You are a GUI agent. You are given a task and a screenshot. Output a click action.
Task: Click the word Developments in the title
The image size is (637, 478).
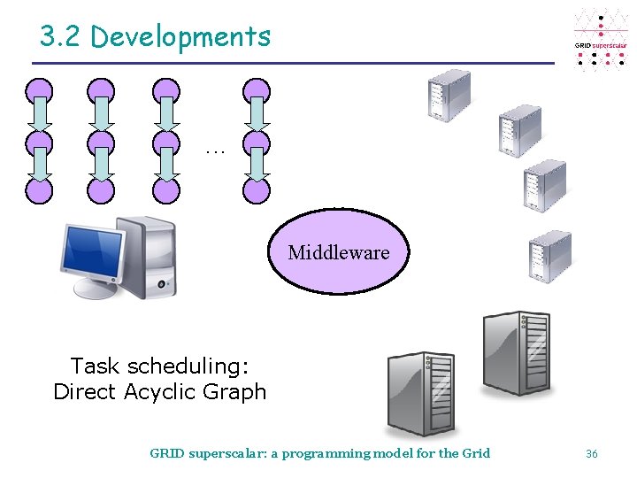[180, 37]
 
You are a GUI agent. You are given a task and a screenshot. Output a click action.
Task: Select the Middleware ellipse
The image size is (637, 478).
[339, 252]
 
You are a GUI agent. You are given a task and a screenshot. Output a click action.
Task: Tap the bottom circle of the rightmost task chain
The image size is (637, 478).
[257, 189]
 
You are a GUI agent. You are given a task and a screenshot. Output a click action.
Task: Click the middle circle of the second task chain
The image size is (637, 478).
[101, 142]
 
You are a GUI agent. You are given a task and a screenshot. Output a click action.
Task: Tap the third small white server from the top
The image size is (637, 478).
[544, 185]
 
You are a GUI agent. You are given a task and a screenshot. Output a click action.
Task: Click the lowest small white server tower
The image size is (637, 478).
[549, 256]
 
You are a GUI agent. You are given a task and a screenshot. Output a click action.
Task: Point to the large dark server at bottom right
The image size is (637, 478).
[518, 352]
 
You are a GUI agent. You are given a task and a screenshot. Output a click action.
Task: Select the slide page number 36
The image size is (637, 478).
[592, 453]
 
